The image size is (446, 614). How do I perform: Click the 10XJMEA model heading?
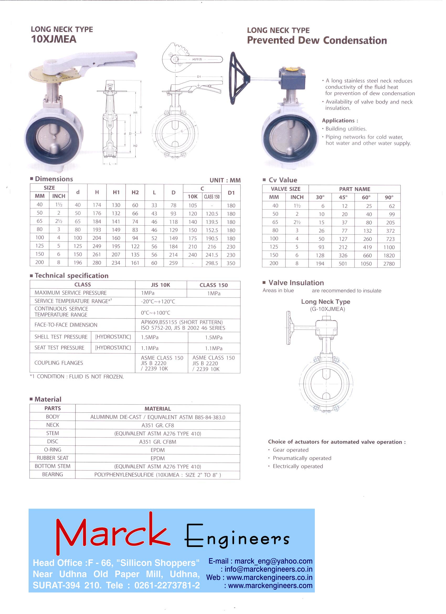[54, 39]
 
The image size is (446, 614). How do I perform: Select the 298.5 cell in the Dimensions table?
[211, 263]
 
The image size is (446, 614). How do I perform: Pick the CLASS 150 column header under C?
[211, 197]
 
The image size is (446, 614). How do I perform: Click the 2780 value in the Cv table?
[389, 264]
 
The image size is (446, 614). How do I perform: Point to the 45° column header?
[343, 197]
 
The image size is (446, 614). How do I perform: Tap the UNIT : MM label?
[225, 180]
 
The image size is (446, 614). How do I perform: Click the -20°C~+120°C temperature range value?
[158, 301]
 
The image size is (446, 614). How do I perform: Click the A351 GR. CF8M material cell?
[157, 442]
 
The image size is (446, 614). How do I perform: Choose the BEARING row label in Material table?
[52, 475]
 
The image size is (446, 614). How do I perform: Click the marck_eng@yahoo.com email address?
[273, 561]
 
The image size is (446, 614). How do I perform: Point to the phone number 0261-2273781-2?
[167, 585]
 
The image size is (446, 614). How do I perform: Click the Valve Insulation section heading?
[296, 283]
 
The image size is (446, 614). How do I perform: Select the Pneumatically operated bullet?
[302, 458]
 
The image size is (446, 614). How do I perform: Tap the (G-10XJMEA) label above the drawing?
[327, 309]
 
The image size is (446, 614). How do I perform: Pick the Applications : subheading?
[340, 121]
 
